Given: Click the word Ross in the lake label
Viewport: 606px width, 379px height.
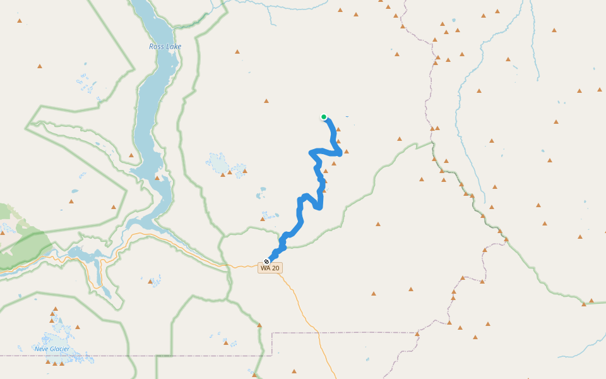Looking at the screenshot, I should point(156,47).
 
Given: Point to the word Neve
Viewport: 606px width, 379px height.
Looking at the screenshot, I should point(42,348).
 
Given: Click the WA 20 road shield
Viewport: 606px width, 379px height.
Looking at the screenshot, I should point(270,268).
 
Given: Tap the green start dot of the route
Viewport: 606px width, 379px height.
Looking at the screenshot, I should point(324,117).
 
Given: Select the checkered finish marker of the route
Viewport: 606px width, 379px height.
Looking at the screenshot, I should point(266,261).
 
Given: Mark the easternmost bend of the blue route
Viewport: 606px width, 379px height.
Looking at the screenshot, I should point(340,152).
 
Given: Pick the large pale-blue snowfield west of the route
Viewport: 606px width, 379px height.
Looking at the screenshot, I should point(218,162).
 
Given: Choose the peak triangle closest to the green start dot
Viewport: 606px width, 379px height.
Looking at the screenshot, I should point(338,129).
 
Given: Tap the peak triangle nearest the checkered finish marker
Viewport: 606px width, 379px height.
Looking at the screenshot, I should point(263,219).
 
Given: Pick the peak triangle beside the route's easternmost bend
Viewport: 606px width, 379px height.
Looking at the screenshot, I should point(347,152).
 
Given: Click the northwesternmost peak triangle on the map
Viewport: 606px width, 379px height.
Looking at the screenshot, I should point(20,21).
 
